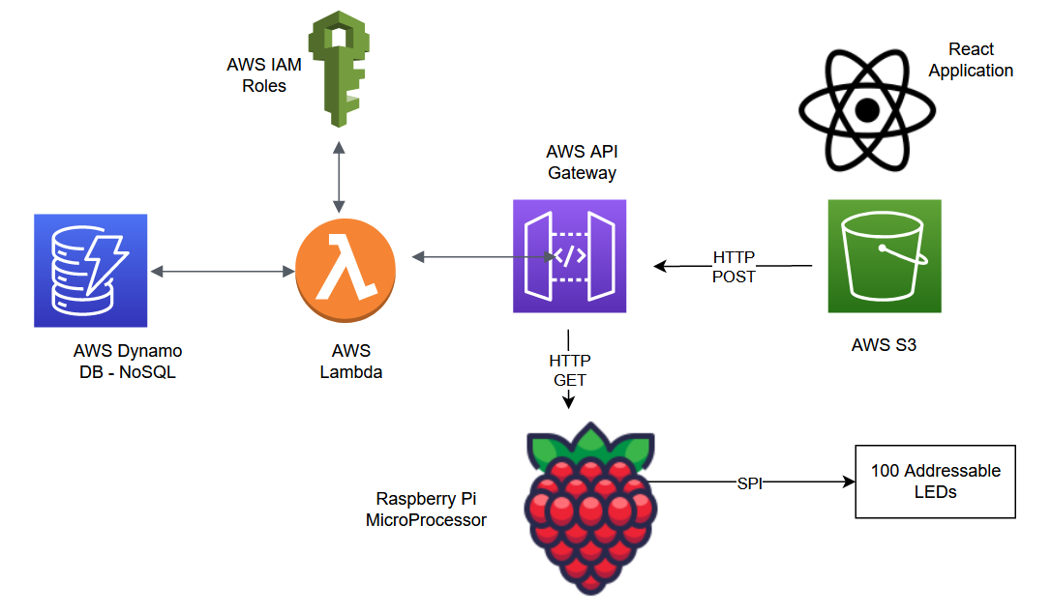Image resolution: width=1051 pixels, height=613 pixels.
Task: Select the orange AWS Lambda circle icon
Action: (345, 265)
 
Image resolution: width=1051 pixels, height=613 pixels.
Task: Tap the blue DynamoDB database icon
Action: (90, 270)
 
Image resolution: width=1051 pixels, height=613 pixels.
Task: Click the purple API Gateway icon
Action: (569, 256)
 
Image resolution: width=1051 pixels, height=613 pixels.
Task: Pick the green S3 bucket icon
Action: (884, 256)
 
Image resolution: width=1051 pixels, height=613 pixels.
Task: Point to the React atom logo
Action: (867, 110)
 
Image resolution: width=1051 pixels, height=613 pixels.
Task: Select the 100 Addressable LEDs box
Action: (935, 482)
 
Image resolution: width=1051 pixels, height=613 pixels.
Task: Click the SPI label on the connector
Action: (749, 482)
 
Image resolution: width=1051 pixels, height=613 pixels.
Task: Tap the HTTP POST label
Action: (734, 267)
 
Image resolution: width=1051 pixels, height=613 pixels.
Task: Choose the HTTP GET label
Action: (569, 370)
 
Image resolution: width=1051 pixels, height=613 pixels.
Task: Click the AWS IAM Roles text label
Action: (256, 75)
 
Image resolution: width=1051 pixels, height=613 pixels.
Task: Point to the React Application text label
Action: (971, 60)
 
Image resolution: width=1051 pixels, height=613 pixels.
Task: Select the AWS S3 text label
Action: (884, 344)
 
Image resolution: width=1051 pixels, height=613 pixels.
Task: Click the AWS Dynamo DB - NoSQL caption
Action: (128, 362)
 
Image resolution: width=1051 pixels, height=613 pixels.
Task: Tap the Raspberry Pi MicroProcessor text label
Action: (426, 510)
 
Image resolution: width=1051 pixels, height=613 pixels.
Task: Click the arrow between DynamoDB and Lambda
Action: (223, 273)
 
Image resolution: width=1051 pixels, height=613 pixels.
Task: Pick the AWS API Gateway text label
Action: (582, 162)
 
